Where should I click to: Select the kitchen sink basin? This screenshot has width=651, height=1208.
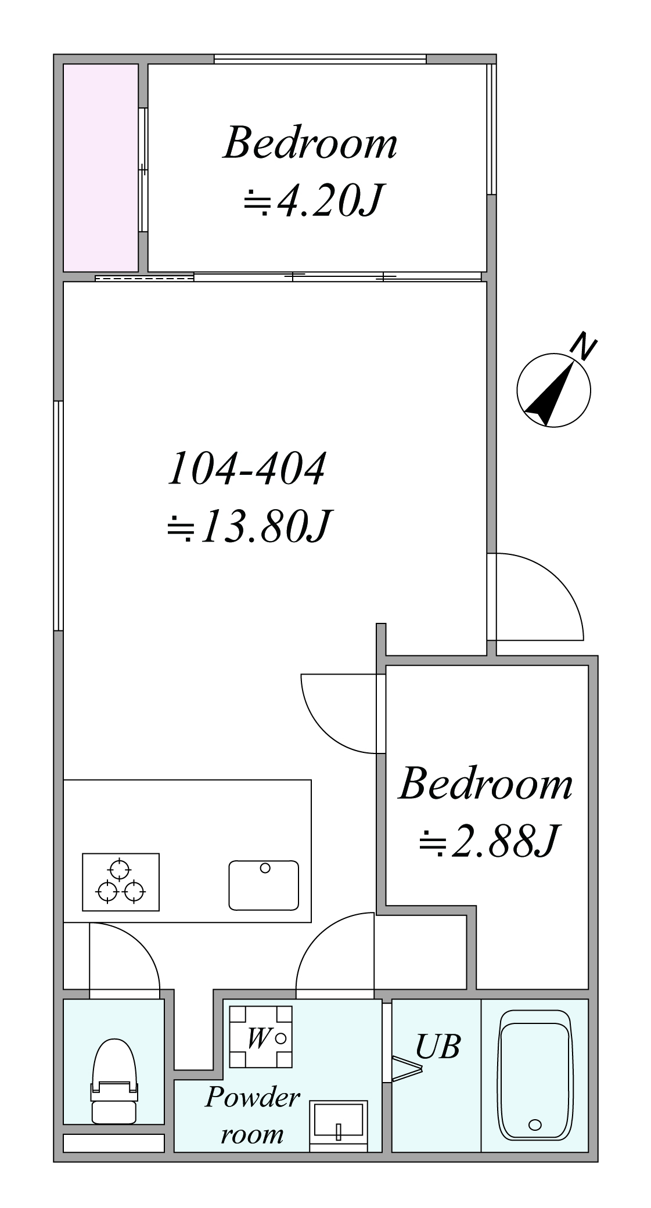(264, 885)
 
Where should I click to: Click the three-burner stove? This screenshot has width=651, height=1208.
(121, 882)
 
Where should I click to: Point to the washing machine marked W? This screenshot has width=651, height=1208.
(261, 1037)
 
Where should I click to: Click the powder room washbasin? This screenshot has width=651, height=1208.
(338, 1120)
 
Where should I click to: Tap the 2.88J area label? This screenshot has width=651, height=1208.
(488, 842)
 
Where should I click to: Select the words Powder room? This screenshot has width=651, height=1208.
(253, 1115)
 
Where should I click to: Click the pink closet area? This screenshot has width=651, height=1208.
(100, 167)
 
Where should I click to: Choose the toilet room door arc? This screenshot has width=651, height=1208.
(139, 943)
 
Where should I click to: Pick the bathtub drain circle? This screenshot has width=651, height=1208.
(535, 1125)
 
